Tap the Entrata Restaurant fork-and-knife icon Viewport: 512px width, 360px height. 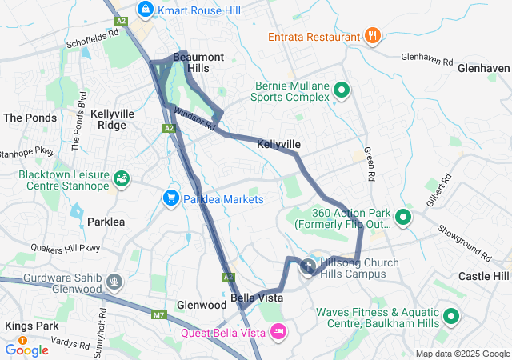(x=371, y=36)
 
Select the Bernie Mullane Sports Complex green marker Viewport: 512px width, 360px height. (x=342, y=90)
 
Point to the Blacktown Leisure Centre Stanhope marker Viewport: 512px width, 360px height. (x=122, y=178)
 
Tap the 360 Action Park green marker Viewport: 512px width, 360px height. (x=402, y=218)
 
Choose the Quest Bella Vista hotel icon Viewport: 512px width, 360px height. (x=278, y=330)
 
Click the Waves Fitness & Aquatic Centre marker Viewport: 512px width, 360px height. (x=452, y=317)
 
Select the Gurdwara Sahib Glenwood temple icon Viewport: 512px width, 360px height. (x=115, y=281)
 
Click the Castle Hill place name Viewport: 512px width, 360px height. (x=483, y=276)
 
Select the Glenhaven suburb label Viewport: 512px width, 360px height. (x=484, y=69)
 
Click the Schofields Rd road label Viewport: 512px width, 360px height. (x=93, y=39)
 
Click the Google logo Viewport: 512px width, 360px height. (x=26, y=349)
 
